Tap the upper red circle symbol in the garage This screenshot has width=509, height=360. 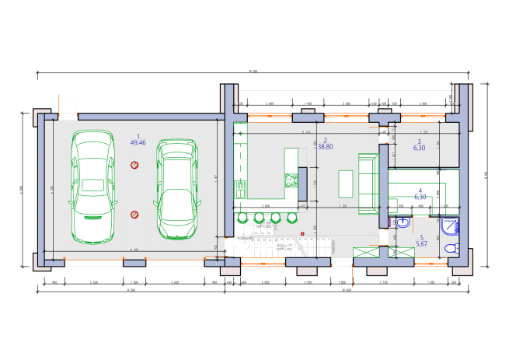pyautogui.click(x=134, y=165)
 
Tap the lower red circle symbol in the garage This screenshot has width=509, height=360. pyautogui.click(x=134, y=214)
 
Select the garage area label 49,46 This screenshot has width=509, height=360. pyautogui.click(x=139, y=143)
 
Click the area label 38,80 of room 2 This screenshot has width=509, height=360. pyautogui.click(x=323, y=146)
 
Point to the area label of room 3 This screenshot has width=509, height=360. pyautogui.click(x=420, y=147)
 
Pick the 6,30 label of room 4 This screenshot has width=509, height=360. pyautogui.click(x=420, y=197)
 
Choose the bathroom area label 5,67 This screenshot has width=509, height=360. pyautogui.click(x=422, y=244)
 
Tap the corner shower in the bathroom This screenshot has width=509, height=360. pyautogui.click(x=450, y=225)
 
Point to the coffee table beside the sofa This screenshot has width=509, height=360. pyautogui.click(x=345, y=183)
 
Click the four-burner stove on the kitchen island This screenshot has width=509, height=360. pyautogui.click(x=291, y=180)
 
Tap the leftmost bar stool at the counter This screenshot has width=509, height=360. pyautogui.click(x=241, y=216)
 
